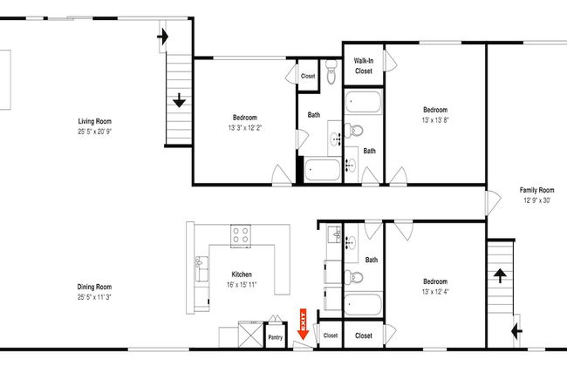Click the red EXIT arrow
303,324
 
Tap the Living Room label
95,121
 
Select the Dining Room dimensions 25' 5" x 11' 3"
94,297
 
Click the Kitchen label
242,274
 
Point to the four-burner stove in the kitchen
241,235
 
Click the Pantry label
275,337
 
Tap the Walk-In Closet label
364,65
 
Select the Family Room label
536,190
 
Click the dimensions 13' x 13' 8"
435,120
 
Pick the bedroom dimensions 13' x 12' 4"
435,292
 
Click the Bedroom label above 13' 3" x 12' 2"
245,118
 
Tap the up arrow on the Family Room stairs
500,275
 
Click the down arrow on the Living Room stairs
179,100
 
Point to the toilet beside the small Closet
331,71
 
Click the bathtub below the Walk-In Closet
363,102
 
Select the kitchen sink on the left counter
202,268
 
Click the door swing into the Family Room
493,201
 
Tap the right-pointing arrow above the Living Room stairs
163,37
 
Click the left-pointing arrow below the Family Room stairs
517,331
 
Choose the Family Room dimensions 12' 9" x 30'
537,200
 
